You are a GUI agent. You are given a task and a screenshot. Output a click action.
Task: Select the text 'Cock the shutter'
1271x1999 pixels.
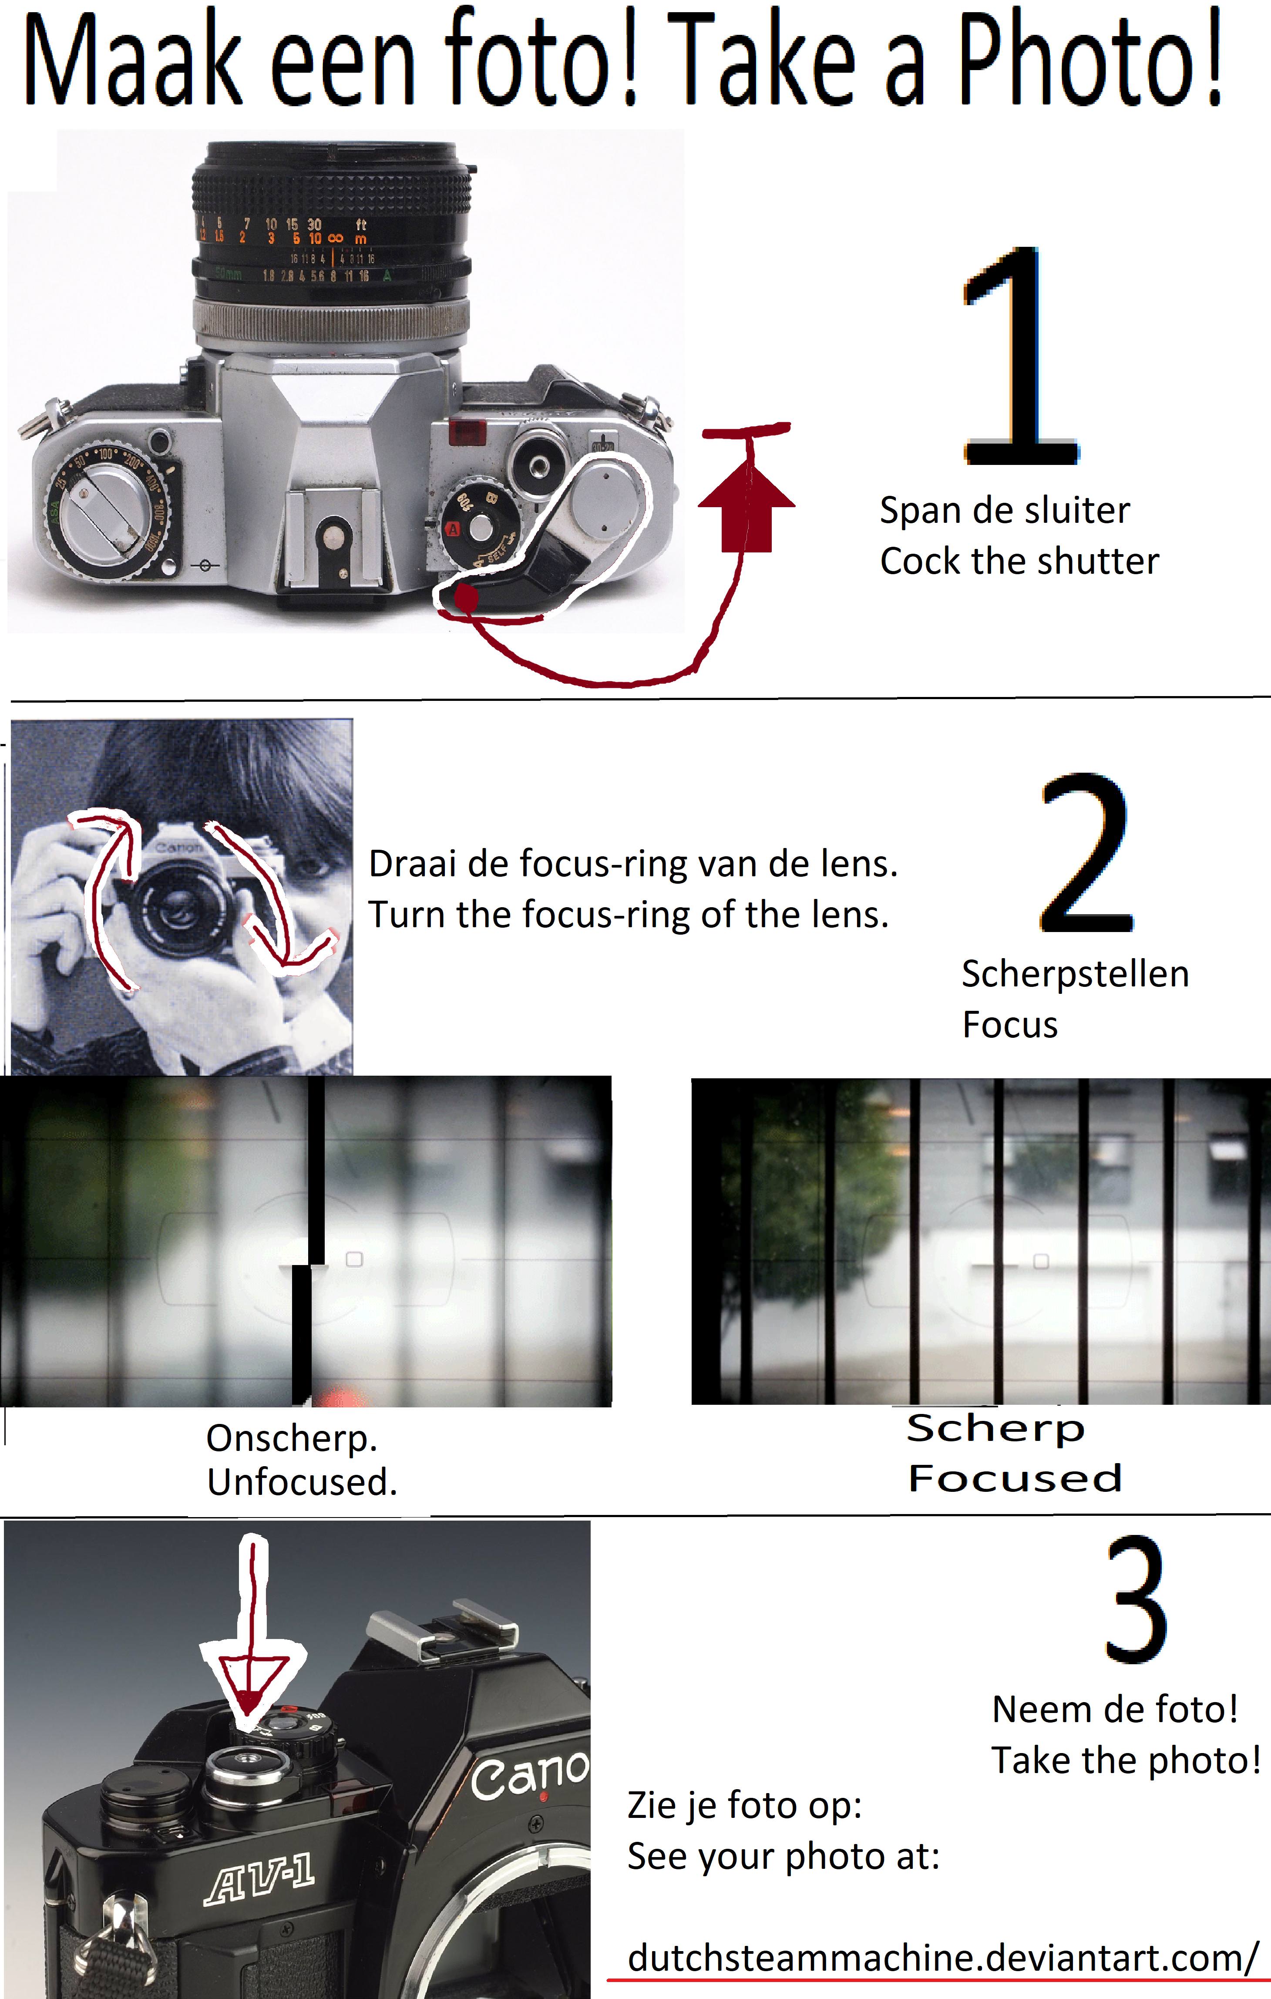tap(1019, 561)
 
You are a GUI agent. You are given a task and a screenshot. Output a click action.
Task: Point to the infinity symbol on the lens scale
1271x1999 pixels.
tap(336, 238)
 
